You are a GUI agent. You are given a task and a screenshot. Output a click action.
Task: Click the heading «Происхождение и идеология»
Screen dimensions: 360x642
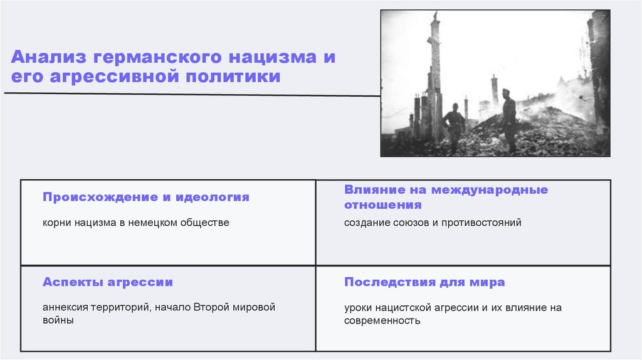(x=145, y=197)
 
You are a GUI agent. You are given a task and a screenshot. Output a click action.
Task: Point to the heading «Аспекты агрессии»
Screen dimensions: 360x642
(x=107, y=282)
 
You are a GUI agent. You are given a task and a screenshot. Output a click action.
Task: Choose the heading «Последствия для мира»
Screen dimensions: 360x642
(x=424, y=282)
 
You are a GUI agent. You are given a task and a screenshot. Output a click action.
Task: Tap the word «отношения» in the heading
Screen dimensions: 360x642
(x=382, y=204)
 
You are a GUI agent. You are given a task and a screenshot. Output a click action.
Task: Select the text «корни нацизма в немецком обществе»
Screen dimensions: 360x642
(x=136, y=223)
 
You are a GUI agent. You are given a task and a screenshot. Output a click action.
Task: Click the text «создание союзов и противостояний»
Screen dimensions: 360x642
(x=432, y=223)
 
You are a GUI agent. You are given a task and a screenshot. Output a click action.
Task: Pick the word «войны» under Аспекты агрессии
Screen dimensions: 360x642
(x=58, y=320)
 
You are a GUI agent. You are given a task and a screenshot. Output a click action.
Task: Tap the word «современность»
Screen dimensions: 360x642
(x=382, y=320)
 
